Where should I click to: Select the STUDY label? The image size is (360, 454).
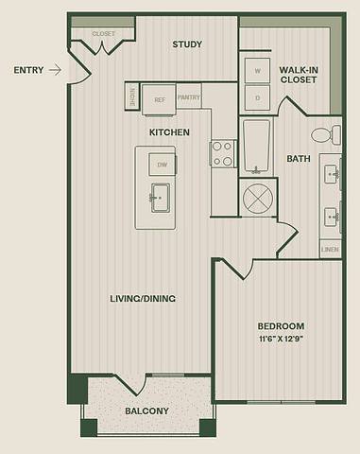pyautogui.click(x=189, y=44)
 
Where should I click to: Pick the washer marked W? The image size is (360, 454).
pyautogui.click(x=256, y=71)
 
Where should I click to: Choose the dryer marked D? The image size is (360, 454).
pyautogui.click(x=256, y=97)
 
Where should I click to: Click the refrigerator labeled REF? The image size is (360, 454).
pyautogui.click(x=160, y=96)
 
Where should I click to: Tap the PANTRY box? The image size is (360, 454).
pyautogui.click(x=189, y=96)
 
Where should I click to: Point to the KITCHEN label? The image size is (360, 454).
pyautogui.click(x=169, y=132)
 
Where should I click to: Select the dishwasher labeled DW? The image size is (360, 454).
pyautogui.click(x=162, y=165)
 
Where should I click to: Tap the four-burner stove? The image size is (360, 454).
pyautogui.click(x=223, y=153)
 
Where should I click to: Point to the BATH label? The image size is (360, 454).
pyautogui.click(x=300, y=158)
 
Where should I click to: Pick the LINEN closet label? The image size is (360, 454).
pyautogui.click(x=329, y=250)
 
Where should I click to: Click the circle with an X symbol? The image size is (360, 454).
pyautogui.click(x=257, y=200)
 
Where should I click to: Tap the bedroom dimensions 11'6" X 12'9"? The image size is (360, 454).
pyautogui.click(x=282, y=339)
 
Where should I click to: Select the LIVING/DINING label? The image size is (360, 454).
pyautogui.click(x=144, y=299)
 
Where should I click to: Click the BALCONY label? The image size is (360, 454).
pyautogui.click(x=146, y=410)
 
